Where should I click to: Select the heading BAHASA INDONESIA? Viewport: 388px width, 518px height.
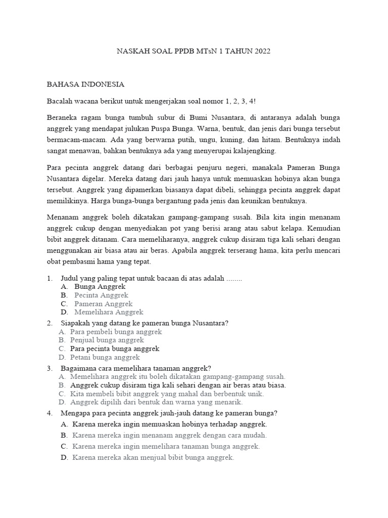[x=85, y=84]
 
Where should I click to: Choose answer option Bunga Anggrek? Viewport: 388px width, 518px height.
[x=100, y=286]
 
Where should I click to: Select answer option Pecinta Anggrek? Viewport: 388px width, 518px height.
[x=101, y=295]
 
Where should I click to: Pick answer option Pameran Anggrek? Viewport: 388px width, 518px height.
[x=103, y=304]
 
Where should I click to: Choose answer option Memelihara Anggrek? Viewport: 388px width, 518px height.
[x=109, y=312]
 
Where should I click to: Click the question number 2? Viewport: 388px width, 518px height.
[x=50, y=323]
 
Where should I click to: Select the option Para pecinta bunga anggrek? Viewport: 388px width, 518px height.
[x=115, y=349]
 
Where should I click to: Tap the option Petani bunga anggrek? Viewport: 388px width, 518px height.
[x=105, y=357]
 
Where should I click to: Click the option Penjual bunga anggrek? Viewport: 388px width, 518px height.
[x=107, y=340]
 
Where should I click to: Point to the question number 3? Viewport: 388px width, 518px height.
[x=50, y=368]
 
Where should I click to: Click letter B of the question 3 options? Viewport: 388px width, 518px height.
[x=61, y=385]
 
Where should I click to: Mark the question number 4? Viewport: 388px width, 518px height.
[x=50, y=413]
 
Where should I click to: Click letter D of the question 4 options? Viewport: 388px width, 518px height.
[x=64, y=457]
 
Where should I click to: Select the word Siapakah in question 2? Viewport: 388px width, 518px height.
[x=75, y=323]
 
